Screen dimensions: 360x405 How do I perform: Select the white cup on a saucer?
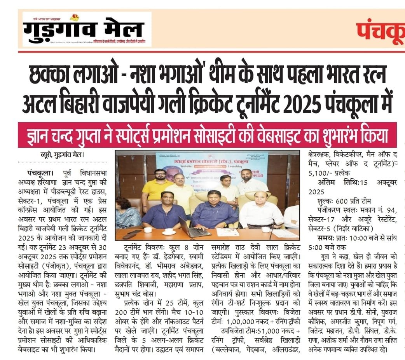tap(168, 232)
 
